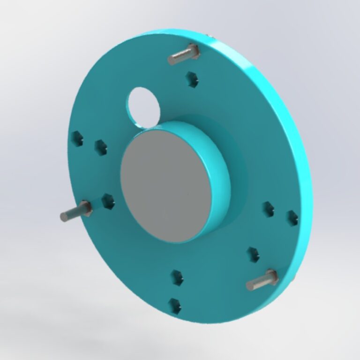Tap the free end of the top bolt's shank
[x=172, y=60]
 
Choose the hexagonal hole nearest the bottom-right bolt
[x=253, y=254]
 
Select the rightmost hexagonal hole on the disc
[x=292, y=217]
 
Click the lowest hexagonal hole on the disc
[x=175, y=306]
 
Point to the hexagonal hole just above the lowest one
[x=177, y=277]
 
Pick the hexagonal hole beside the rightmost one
[x=268, y=209]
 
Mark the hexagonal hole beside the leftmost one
[x=100, y=146]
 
